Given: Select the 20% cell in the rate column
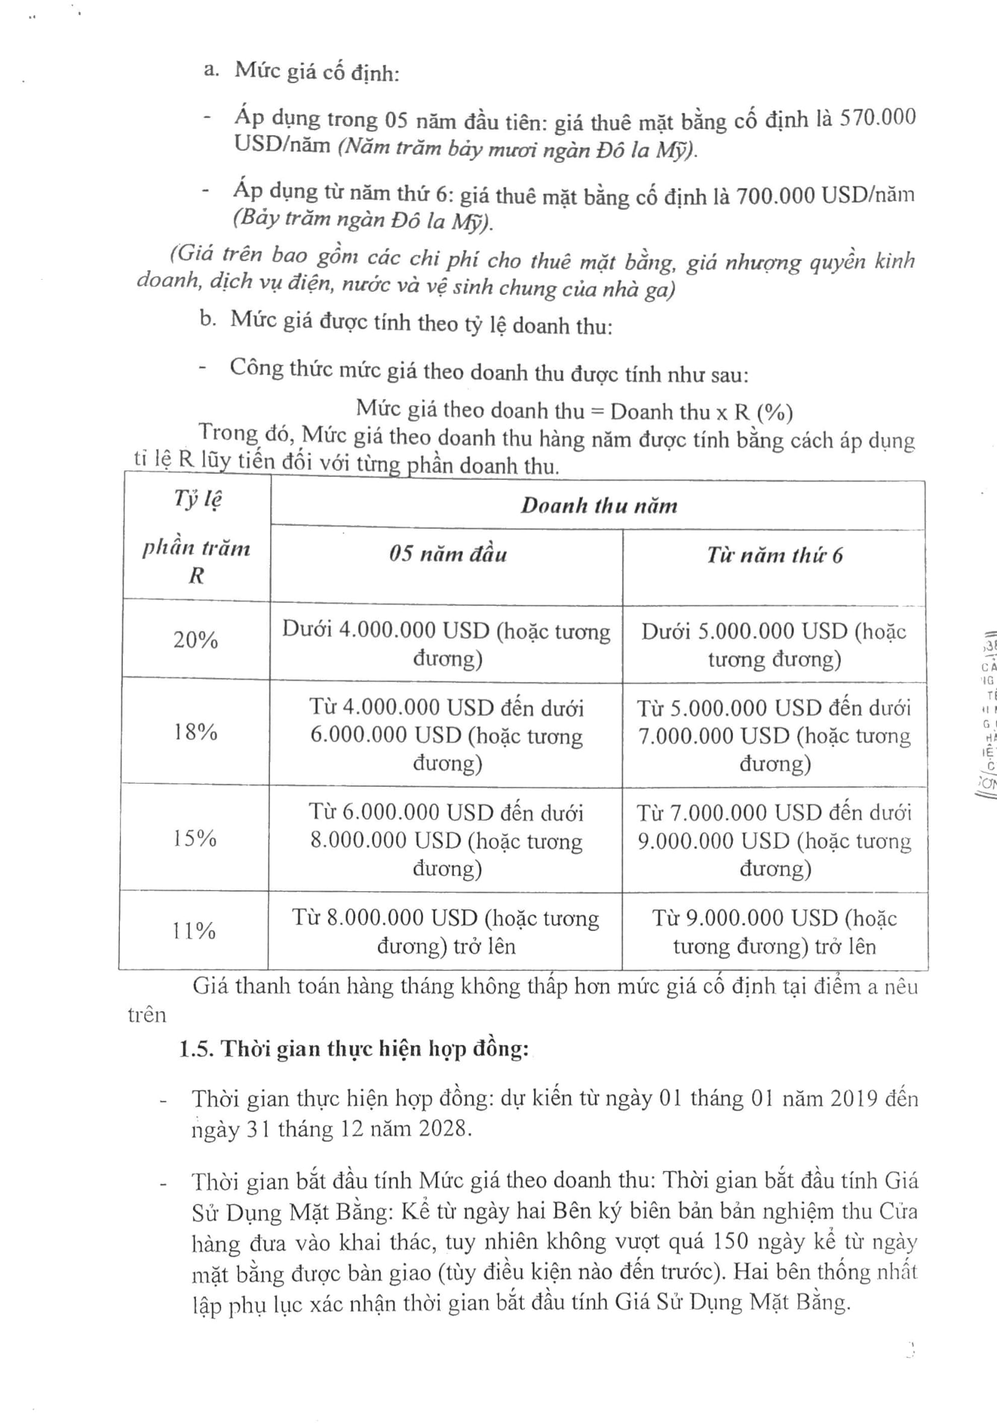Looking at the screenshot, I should coord(195,639).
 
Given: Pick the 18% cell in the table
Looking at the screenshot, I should coord(195,732).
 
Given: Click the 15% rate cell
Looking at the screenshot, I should coord(195,839).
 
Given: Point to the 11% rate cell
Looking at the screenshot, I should coord(193,930).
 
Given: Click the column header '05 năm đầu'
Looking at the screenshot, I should coord(448,554).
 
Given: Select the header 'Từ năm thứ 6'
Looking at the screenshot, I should coord(774,555).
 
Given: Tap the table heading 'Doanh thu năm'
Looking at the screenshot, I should coord(599,505).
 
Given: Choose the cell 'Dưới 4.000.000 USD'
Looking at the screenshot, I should coord(446,643).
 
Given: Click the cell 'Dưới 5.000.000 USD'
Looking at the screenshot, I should coord(774,645).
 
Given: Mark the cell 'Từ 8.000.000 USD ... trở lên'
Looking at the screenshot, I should coord(445,932).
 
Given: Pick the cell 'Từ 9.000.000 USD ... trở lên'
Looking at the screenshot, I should coord(774,932).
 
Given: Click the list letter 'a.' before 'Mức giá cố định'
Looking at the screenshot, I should coord(211,69).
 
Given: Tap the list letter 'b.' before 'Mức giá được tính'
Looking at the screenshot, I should coord(208,319).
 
